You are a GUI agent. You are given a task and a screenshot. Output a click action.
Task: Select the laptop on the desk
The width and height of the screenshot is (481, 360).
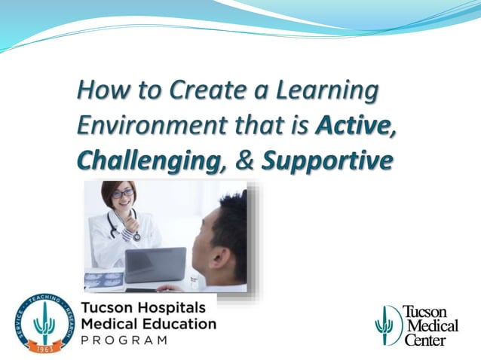[x=154, y=264]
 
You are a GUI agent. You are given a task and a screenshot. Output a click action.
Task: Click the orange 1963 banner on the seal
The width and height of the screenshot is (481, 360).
[x=46, y=347]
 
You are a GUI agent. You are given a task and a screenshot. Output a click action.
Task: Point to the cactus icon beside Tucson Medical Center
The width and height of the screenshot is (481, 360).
[x=387, y=325]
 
